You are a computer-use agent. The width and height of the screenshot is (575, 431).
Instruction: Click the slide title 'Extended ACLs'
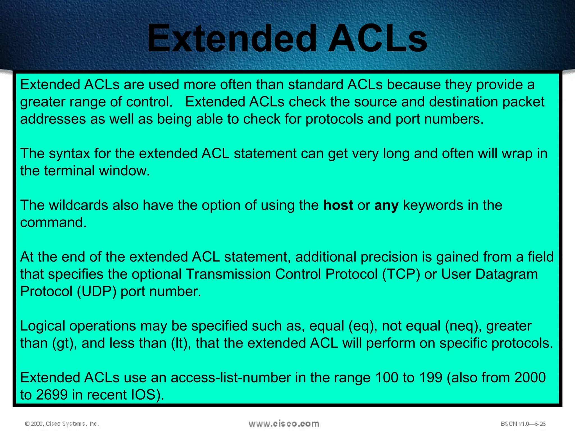(287, 38)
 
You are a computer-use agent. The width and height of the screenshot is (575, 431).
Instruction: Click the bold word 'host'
(338, 205)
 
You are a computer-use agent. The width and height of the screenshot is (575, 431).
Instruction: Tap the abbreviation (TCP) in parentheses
(401, 274)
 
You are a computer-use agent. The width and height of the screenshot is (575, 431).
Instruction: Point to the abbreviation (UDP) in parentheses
(96, 291)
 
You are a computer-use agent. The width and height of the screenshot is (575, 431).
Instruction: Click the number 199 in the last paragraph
(431, 378)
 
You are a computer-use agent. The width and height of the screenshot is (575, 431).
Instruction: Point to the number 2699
(52, 395)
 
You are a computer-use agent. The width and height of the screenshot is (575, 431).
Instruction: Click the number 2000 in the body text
(530, 378)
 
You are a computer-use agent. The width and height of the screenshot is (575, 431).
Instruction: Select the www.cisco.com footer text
(284, 424)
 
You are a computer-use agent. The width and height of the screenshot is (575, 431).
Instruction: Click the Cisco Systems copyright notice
(62, 424)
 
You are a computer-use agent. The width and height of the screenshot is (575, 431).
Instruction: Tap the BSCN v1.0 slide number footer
(523, 424)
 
